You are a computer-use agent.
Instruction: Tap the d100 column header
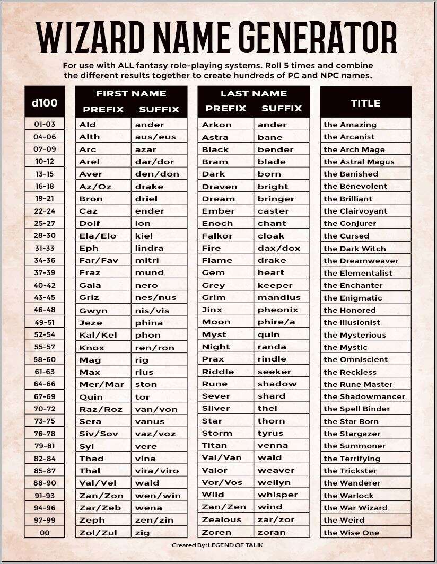tap(45, 102)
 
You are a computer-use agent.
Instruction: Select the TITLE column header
tap(365, 103)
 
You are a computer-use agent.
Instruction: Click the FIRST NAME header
tap(131, 93)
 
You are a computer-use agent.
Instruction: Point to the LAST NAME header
tap(254, 93)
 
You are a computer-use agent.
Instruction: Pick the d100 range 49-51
tap(45, 322)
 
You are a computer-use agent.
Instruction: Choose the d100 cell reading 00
tap(45, 532)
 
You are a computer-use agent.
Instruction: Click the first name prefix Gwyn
tap(93, 311)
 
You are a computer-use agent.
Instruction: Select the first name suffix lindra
tap(149, 248)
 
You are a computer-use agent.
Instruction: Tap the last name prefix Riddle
tap(217, 372)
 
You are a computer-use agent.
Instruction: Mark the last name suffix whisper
tap(277, 495)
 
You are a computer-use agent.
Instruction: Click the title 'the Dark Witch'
tap(354, 248)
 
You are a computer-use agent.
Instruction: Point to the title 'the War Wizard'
tap(355, 508)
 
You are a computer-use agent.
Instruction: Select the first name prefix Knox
tap(92, 348)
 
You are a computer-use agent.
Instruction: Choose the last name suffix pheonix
tap(278, 310)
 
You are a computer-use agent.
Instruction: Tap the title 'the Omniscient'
tap(355, 359)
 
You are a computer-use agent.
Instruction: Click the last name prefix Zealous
tap(221, 519)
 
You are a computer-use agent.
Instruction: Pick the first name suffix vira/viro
tap(157, 471)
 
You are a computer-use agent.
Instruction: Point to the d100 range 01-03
tap(45, 124)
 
